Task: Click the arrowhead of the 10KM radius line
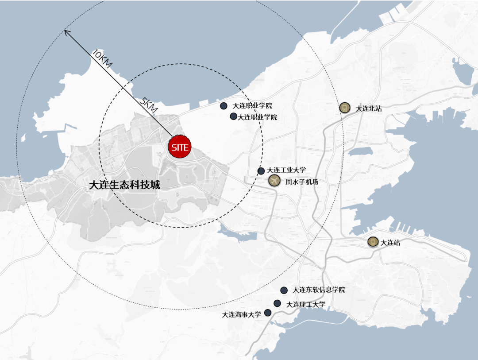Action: coord(66,31)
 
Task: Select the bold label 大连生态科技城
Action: coord(124,185)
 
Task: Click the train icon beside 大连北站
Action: coord(345,108)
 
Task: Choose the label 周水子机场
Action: coord(301,182)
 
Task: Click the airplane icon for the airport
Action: coord(274,181)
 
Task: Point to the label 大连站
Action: coord(390,242)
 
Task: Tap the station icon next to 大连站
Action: coord(373,242)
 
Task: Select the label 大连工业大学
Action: coord(286,170)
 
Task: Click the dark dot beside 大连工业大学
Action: coord(261,171)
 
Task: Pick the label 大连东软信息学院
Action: coord(319,290)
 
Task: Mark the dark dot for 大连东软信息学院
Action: coord(284,290)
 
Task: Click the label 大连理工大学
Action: coord(305,304)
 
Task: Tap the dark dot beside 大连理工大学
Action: coord(277,303)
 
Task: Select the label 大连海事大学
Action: coord(241,315)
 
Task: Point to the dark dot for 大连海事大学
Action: coord(268,313)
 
